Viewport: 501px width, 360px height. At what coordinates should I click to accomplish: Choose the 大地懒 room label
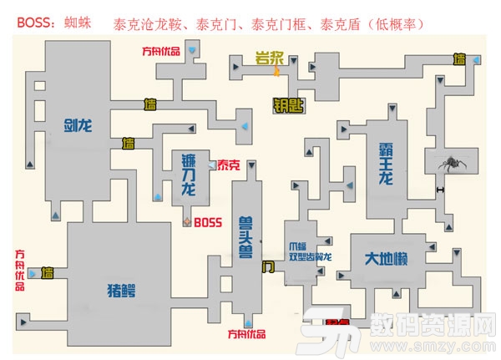point(384,259)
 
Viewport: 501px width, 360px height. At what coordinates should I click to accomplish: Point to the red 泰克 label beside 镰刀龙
point(227,166)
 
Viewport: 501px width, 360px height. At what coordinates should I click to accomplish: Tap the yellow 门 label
point(267,267)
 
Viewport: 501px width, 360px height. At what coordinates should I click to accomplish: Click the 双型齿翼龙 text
point(311,257)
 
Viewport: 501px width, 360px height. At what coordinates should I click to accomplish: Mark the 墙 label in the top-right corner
point(458,59)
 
